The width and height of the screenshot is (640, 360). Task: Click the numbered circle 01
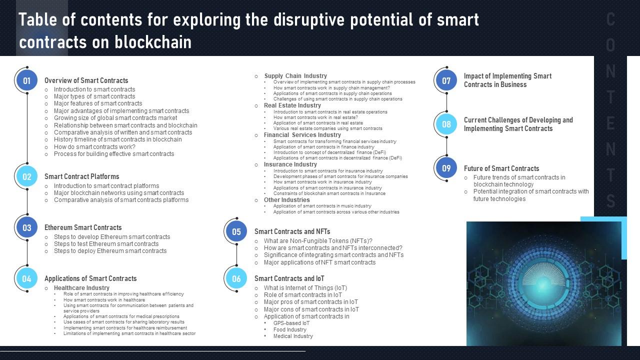(26, 80)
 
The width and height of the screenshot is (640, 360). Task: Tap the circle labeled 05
(236, 231)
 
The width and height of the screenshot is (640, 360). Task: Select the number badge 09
(446, 168)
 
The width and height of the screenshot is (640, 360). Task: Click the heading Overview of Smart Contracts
(86, 80)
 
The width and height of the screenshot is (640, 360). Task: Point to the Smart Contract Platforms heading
(81, 176)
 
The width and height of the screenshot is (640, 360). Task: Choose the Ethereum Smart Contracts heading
(83, 227)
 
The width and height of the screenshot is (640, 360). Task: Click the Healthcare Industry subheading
(81, 288)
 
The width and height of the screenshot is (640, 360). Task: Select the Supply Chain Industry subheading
(295, 76)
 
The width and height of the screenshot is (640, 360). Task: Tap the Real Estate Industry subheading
(292, 105)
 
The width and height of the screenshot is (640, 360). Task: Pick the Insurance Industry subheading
(290, 164)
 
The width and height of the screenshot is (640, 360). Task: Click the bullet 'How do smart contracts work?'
(94, 147)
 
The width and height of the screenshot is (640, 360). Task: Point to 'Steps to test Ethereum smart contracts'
(106, 244)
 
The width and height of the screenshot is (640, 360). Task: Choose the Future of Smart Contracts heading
(501, 168)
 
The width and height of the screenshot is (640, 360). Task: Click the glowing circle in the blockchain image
(544, 283)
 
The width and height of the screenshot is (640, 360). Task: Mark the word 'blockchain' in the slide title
(153, 42)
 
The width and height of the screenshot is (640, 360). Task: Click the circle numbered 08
(446, 124)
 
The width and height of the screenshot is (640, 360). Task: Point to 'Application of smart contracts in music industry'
(322, 206)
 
